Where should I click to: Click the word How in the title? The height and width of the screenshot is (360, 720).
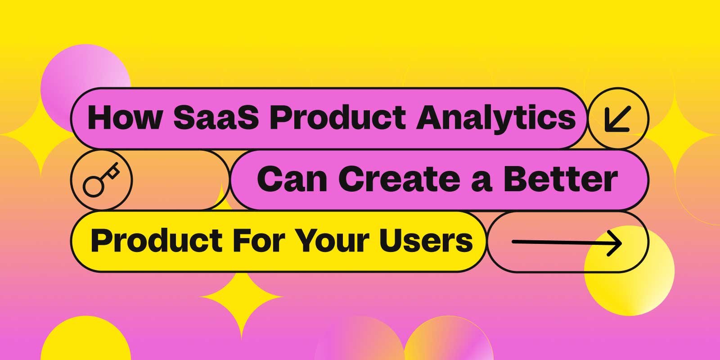(x=124, y=118)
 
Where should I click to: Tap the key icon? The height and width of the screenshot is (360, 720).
(x=101, y=180)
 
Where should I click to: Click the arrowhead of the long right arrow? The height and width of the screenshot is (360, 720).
(x=616, y=243)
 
